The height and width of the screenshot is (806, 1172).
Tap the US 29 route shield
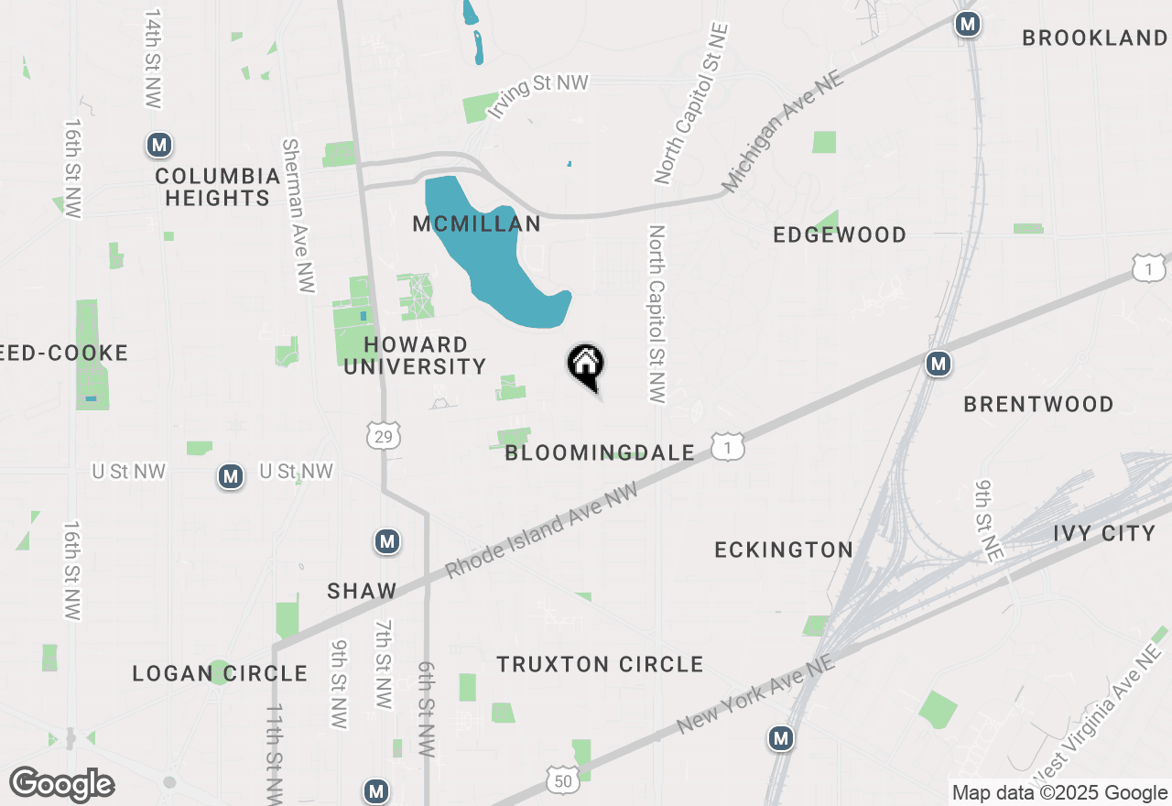383,437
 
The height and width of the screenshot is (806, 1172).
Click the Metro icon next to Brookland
967,24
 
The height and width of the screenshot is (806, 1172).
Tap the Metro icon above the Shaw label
387,542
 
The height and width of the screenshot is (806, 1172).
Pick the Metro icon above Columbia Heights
160,145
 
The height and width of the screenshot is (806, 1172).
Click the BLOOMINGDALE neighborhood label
600,452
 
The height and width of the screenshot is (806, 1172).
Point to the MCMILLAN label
476,224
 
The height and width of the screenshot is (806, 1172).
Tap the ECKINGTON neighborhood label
784,550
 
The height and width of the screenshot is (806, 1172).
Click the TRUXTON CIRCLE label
600,664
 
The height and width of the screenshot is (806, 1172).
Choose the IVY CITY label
1104,533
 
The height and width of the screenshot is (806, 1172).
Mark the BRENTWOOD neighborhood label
1038,404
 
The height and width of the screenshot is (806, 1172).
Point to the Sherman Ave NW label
298,216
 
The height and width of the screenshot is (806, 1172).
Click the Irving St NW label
537,95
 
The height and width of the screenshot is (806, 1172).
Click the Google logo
61,784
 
